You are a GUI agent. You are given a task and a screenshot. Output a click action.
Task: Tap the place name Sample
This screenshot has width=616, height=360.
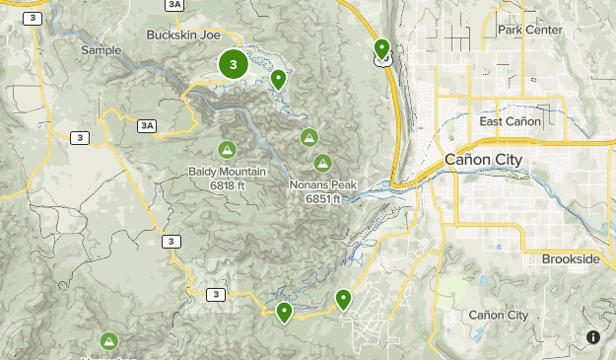point(101,50)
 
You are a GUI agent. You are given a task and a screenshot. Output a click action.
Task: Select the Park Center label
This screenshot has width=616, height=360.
point(529,30)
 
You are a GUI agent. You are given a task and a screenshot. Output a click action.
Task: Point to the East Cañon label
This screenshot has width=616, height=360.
point(510,121)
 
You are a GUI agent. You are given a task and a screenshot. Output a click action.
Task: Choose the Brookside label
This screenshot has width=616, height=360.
point(570,258)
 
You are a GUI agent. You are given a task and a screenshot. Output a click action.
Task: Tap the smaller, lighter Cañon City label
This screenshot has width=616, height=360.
point(498,315)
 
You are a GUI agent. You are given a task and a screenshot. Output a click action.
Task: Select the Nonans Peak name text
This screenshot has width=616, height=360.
point(322,184)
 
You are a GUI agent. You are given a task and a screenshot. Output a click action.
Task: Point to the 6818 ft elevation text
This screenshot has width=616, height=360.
point(227,184)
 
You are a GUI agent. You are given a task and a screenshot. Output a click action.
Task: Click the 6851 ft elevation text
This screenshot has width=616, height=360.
point(322,197)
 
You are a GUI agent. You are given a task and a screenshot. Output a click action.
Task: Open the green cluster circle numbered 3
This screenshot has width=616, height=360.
point(233,65)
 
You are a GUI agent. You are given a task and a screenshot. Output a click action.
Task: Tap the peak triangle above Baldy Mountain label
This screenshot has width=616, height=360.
point(227,150)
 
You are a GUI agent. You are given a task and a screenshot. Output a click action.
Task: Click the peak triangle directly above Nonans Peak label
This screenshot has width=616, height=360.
point(321,162)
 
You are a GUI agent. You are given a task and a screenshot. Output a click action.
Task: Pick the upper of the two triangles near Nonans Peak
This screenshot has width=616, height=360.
point(309,138)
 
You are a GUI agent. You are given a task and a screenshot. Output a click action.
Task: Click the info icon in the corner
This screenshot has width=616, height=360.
point(593,337)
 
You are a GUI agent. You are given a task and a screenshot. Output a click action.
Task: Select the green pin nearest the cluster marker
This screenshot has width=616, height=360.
point(279,79)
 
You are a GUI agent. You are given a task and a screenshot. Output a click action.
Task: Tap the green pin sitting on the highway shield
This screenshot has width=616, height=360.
point(382,48)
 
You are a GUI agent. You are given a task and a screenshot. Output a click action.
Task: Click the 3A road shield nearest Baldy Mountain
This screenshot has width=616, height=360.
point(148,125)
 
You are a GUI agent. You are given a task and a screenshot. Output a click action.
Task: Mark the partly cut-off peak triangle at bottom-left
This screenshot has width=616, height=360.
point(108,341)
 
